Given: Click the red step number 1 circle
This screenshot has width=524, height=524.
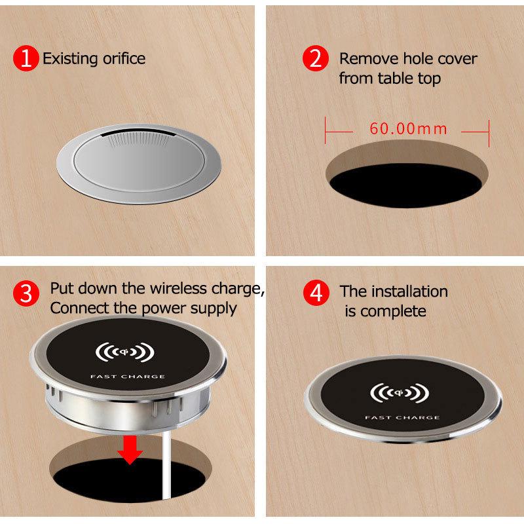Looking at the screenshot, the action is [26, 58].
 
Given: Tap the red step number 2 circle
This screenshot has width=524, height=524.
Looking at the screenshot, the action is [316, 58].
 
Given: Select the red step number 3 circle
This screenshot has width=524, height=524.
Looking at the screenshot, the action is [26, 293].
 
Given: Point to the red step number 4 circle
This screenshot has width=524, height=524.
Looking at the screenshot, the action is [316, 293].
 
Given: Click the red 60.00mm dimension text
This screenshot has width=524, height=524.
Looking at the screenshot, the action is [408, 128].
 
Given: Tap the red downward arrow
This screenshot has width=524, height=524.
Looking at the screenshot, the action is [130, 450].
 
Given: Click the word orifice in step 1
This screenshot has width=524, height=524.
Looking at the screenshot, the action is [124, 59].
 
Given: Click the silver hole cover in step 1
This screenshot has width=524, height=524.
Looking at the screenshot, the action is [139, 164].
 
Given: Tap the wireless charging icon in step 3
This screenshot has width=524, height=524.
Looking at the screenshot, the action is [125, 352].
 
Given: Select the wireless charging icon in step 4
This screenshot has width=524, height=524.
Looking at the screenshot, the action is [400, 393].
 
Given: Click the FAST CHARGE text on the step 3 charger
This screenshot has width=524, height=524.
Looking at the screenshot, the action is [128, 377].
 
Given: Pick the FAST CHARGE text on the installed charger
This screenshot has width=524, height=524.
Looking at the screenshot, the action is [402, 418].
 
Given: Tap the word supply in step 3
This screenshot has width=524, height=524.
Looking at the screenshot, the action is [214, 309].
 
